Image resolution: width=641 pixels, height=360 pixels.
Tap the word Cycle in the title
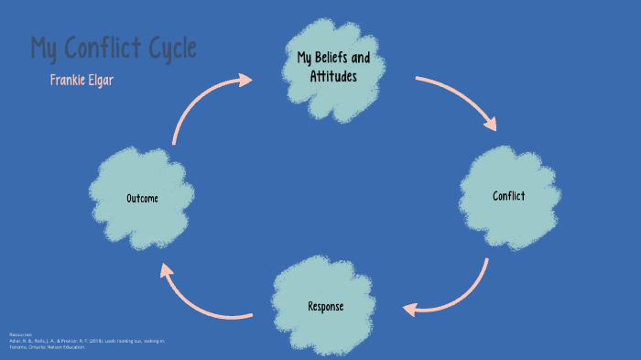tap(173, 49)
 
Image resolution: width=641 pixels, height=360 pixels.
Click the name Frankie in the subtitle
tap(69, 81)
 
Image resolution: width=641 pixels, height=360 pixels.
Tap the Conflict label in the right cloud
tap(508, 196)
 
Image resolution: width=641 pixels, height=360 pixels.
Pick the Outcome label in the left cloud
tap(144, 199)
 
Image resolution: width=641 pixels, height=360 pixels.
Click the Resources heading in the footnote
tap(20, 334)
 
